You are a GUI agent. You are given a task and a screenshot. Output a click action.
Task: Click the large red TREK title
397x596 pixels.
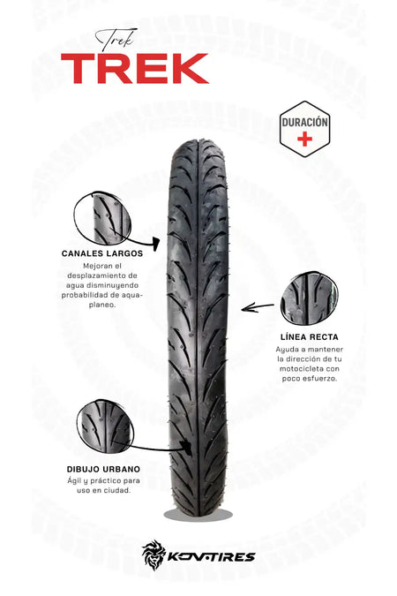(x=134, y=68)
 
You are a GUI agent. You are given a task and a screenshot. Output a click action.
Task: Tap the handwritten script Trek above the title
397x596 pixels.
(x=116, y=40)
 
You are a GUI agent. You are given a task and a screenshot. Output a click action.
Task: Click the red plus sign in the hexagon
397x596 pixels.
(x=304, y=140)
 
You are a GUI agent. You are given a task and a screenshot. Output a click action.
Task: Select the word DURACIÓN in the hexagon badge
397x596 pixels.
(x=304, y=122)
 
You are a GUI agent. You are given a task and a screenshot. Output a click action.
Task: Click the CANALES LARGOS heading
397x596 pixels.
(x=102, y=253)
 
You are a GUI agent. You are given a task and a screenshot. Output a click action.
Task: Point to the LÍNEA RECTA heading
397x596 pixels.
(x=310, y=336)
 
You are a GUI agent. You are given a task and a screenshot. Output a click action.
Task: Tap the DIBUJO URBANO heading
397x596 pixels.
(x=103, y=469)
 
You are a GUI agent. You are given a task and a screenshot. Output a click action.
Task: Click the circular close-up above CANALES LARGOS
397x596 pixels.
(x=102, y=218)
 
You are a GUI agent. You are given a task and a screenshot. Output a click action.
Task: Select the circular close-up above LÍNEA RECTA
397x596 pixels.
(x=309, y=298)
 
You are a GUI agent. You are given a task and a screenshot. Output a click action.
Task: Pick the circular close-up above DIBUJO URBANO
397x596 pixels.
(x=105, y=426)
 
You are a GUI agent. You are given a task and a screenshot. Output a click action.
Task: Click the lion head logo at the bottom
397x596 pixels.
(x=154, y=555)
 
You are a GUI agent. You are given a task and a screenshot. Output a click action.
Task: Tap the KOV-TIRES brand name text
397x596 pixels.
(x=211, y=557)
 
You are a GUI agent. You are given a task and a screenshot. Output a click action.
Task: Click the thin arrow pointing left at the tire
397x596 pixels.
(x=258, y=307)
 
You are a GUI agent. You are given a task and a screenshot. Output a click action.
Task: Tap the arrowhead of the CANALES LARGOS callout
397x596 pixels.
(x=156, y=244)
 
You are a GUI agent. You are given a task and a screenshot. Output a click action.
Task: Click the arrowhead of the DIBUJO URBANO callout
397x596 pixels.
(x=186, y=448)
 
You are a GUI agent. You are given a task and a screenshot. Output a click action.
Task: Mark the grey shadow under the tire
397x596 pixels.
(x=198, y=515)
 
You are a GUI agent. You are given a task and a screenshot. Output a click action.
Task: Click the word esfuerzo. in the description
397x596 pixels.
(x=322, y=379)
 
